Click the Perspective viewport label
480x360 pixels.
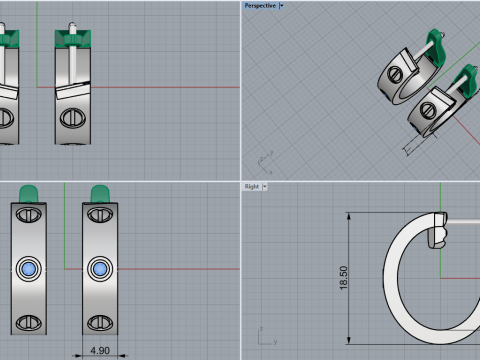pos(260,6)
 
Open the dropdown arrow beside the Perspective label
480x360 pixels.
pos(282,6)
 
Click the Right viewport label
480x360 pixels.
pos(252,186)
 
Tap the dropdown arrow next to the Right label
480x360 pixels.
pos(265,186)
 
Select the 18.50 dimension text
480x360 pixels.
pos(343,278)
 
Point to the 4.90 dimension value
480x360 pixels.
pos(100,351)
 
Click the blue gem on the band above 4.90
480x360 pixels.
pos(100,269)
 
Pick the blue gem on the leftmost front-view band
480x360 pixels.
pos(29,269)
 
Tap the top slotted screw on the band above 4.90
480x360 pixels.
pos(100,215)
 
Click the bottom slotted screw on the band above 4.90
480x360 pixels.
pos(100,322)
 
